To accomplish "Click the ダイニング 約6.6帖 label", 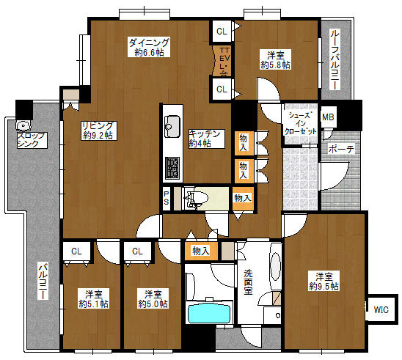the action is tap(149, 47).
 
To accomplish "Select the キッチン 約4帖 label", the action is tap(206, 139).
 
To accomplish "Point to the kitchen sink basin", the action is tap(172, 126).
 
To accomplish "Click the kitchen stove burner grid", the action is tap(172, 168).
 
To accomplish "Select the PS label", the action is tap(167, 198).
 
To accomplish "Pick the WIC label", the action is tap(381, 310).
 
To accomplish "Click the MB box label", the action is tap(328, 117).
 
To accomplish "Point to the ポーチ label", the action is tap(341, 149).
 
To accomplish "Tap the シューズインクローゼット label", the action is tap(301, 123).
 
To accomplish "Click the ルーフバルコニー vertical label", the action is tap(335, 59).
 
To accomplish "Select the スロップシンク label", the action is tap(32, 140).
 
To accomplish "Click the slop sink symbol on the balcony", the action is tap(23, 125).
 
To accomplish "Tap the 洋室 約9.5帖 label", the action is tap(324, 281).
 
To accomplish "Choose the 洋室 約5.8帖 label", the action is tap(276, 59).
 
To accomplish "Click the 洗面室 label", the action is tap(248, 282).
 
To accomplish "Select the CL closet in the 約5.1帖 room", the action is tap(76, 251).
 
